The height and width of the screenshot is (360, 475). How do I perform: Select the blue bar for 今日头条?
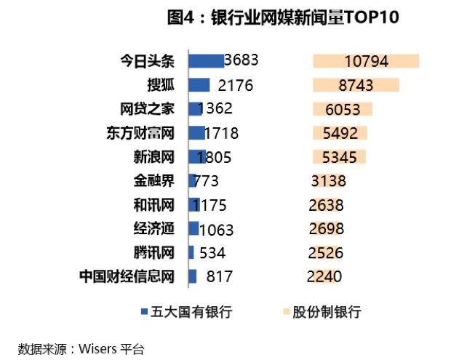(x=206, y=61)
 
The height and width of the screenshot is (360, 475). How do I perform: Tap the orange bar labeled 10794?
(x=366, y=62)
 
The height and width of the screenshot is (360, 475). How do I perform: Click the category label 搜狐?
(x=161, y=85)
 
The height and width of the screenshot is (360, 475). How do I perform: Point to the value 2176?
(x=234, y=86)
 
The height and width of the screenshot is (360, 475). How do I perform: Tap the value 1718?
(x=221, y=133)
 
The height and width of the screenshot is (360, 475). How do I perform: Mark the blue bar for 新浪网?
(x=197, y=156)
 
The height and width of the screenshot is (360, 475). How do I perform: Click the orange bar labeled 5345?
(x=339, y=156)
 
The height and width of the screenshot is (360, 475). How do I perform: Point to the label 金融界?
(x=154, y=180)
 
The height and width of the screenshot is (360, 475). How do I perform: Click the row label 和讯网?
(x=154, y=204)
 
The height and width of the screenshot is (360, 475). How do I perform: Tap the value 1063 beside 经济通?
(x=216, y=230)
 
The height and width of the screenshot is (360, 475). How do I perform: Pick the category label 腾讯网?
(x=154, y=252)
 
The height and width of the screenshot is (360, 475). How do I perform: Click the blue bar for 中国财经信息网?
(x=193, y=276)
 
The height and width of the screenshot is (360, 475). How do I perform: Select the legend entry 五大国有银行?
(x=186, y=312)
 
